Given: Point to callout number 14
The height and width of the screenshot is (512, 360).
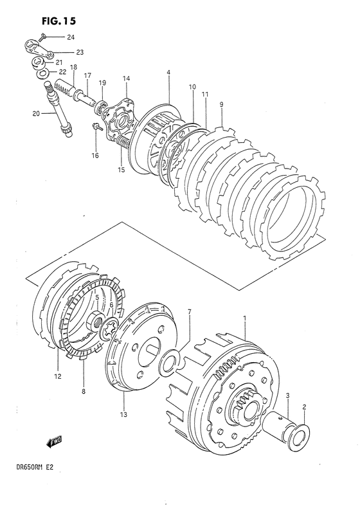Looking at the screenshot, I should click(x=126, y=78).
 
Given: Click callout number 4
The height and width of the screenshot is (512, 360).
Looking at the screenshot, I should click(x=168, y=73).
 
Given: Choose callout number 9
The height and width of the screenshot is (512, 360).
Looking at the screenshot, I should click(x=221, y=104).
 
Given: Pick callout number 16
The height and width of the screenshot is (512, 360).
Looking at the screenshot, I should click(x=96, y=156).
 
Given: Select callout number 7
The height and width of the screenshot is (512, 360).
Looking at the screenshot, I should click(x=189, y=312).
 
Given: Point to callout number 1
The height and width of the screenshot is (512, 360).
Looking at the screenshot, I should click(x=245, y=318).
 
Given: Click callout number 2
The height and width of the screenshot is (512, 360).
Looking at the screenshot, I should click(x=305, y=407).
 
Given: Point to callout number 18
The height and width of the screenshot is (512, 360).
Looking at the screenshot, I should click(x=73, y=67).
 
